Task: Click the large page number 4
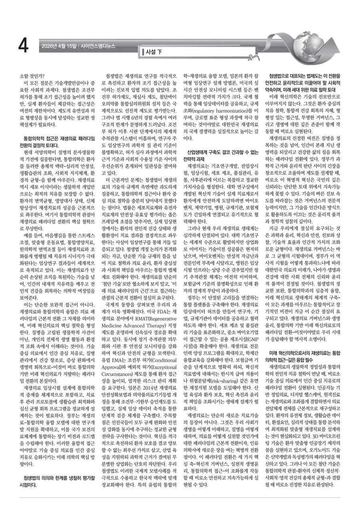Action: click(x=23, y=46)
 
